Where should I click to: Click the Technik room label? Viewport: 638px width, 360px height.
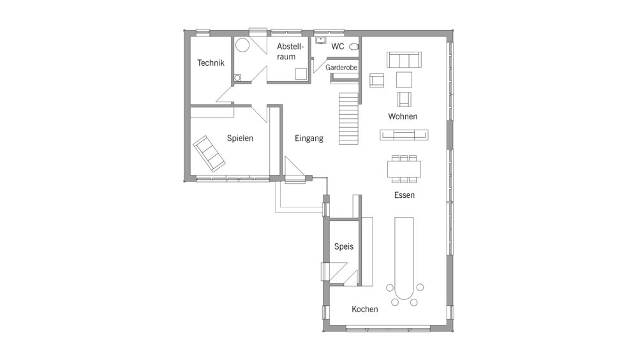click(x=211, y=63)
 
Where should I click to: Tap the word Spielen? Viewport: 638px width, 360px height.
click(x=240, y=138)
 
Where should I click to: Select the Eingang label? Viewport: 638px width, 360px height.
click(x=309, y=139)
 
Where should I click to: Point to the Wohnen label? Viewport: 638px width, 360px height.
click(x=403, y=116)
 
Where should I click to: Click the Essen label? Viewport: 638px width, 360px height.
click(x=404, y=195)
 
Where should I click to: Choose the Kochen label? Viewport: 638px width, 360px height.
click(x=365, y=309)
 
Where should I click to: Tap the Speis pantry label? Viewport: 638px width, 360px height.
click(x=344, y=246)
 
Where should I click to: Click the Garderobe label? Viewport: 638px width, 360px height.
click(x=341, y=68)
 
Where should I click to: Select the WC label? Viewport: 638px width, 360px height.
click(x=338, y=47)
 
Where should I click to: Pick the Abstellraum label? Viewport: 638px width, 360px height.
click(x=290, y=51)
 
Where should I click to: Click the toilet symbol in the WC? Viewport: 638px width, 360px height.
click(x=354, y=47)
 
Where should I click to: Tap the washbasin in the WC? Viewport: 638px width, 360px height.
click(x=321, y=40)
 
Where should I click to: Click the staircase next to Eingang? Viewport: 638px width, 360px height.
click(x=349, y=119)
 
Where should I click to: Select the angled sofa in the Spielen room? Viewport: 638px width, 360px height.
click(x=209, y=154)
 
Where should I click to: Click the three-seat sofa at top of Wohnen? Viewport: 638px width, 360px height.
click(x=404, y=59)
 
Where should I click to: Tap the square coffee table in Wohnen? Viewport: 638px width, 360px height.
click(x=404, y=80)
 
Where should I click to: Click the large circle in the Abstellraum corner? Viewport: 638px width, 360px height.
click(x=242, y=45)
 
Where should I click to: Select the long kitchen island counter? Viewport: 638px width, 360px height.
click(x=404, y=258)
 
